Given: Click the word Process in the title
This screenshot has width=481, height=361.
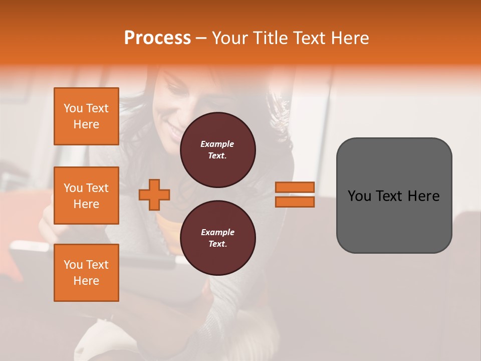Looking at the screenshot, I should pos(157,38).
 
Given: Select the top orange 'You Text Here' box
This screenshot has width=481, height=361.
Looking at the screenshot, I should pos(86,116).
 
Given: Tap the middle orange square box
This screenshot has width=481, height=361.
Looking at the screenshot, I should pos(86,196).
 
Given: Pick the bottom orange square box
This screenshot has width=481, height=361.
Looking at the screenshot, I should pos(86,273).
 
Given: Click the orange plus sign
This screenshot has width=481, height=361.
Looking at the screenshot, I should pos(154,195).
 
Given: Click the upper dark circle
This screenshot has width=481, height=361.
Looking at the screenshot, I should pos(218,150).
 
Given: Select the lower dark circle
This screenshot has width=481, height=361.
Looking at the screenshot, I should pos(218,238).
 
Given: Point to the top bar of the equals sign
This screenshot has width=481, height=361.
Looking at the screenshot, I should pos(295,188).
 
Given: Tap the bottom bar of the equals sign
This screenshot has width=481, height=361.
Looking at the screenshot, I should pos(295,202).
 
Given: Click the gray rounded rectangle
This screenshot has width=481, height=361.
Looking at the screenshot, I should pos(394,196).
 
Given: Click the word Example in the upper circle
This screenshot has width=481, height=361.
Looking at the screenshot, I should pos(217,144).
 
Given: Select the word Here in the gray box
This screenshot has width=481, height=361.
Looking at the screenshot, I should pos(424,196).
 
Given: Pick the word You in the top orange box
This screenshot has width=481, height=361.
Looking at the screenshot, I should pos(73,108).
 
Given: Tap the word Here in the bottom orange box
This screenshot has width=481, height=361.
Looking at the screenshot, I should pos(86,281).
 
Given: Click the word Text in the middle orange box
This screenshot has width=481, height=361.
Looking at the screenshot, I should pos(97,188).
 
